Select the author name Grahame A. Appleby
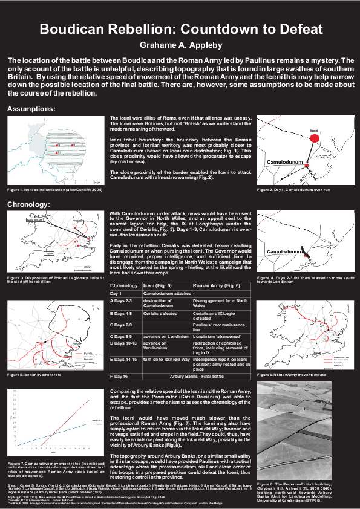pyautogui.click(x=180, y=45)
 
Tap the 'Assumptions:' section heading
pyautogui.click(x=48, y=109)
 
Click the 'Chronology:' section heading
pyautogui.click(x=44, y=204)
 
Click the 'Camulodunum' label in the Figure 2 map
pyautogui.click(x=284, y=163)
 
